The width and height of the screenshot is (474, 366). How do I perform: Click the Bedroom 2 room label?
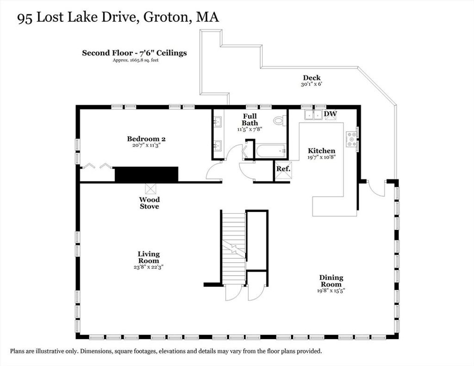pos(146,139)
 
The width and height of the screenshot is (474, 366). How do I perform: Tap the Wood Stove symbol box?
pos(150,189)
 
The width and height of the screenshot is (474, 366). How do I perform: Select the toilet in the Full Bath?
pos(279,121)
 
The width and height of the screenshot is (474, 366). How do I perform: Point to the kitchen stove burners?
pos(351,139)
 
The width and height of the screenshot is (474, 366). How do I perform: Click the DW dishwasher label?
pos(330,114)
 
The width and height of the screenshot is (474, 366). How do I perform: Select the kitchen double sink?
pos(313,115)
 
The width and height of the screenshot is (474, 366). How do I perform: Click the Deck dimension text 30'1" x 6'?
pos(312,84)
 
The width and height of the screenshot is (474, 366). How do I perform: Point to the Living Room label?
pos(149,257)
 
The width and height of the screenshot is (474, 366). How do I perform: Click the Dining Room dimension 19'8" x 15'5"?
pos(331,291)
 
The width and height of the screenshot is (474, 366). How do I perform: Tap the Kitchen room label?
pos(321,150)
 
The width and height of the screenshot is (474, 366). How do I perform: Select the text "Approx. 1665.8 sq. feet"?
pos(136,60)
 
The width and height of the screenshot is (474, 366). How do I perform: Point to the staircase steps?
pos(234,248)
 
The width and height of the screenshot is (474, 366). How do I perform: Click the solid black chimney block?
pos(146,174)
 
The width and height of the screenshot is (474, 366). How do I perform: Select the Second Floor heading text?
pos(135,53)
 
